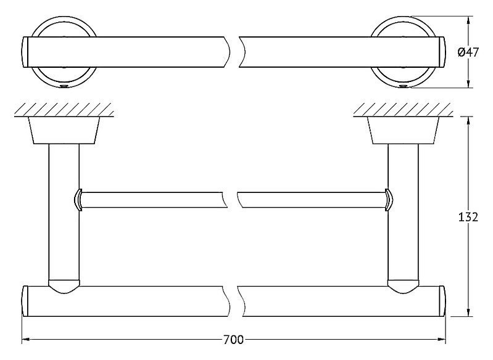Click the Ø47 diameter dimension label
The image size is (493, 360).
tap(468, 52)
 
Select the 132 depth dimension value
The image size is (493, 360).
tap(468, 217)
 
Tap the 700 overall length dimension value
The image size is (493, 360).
tap(233, 340)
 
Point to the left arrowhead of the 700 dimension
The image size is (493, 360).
tap(26, 340)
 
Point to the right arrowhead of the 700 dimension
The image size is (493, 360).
tap(442, 340)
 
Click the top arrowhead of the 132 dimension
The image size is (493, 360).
tap(469, 121)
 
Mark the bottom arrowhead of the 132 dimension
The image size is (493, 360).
tap(469, 312)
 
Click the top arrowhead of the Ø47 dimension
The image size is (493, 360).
tap(469, 20)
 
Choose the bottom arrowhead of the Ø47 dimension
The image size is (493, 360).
tap(469, 84)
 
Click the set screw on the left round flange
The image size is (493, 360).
tap(64, 86)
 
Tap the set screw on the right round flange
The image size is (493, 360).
tap(403, 86)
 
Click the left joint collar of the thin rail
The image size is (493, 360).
tap(78, 200)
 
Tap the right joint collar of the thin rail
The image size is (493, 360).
tap(389, 200)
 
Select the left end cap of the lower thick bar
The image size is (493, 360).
tap(25, 301)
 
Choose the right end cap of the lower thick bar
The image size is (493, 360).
tap(442, 301)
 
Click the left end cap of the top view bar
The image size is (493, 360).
tap(25, 52)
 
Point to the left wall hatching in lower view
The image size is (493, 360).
tap(64, 110)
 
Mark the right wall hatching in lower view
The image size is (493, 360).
tap(403, 110)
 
